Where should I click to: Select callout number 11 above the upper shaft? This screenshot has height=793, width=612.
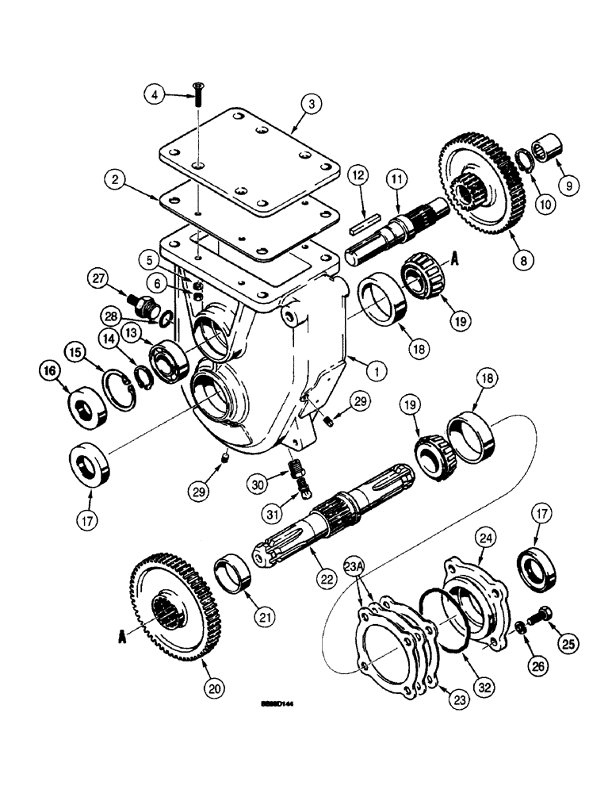tap(396, 180)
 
